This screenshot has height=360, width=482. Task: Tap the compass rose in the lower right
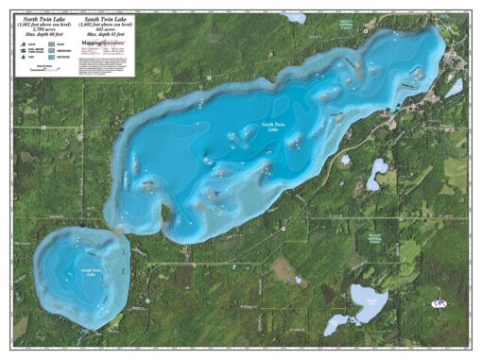pos(438,304)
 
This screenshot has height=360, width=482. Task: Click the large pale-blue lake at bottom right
pos(368,300)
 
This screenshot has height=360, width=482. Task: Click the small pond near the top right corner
pos(455,87)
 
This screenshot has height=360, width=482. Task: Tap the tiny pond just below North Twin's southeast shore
pos(298,280)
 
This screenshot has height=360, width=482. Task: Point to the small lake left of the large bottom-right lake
pos(336,325)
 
